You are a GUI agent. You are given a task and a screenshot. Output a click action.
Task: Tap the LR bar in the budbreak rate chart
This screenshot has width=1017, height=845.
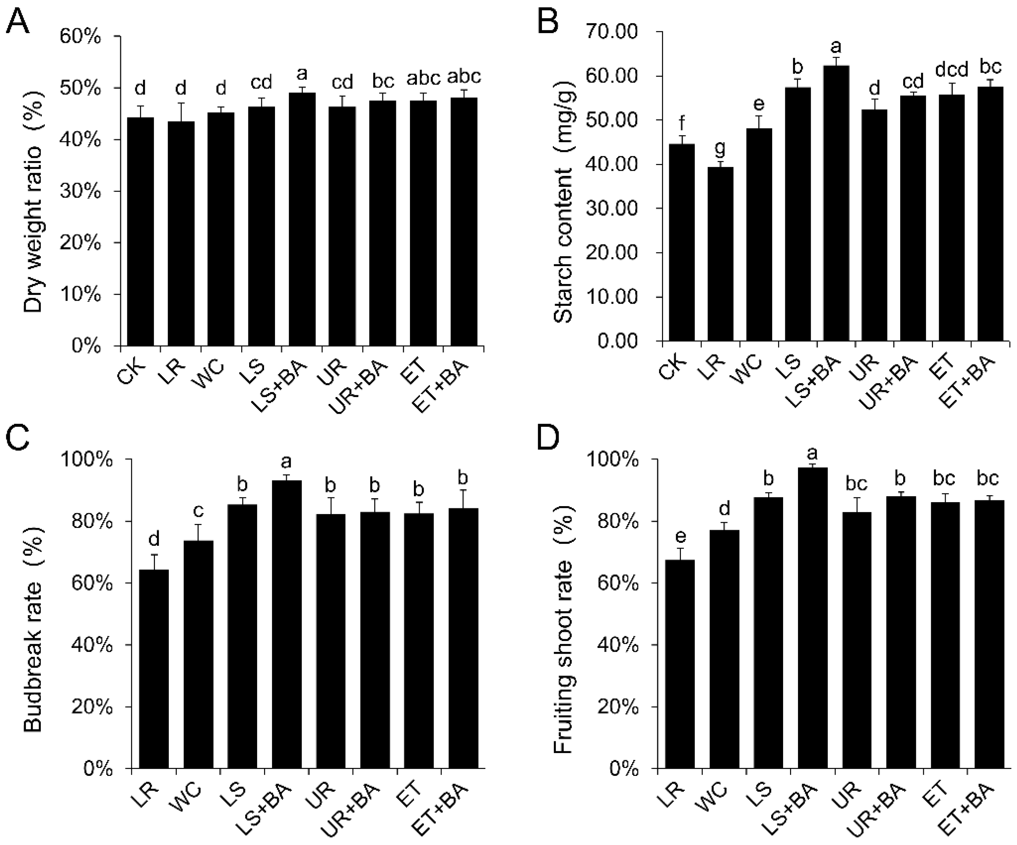point(154,668)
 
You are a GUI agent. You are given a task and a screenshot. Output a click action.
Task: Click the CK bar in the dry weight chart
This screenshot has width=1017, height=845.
point(140,232)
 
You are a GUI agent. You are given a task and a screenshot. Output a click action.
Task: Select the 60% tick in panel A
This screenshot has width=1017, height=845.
point(80,37)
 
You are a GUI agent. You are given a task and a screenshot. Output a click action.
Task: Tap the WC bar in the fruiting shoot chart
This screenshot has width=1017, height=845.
point(725,649)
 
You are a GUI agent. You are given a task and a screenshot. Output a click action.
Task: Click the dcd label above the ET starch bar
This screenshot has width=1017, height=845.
point(951,70)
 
